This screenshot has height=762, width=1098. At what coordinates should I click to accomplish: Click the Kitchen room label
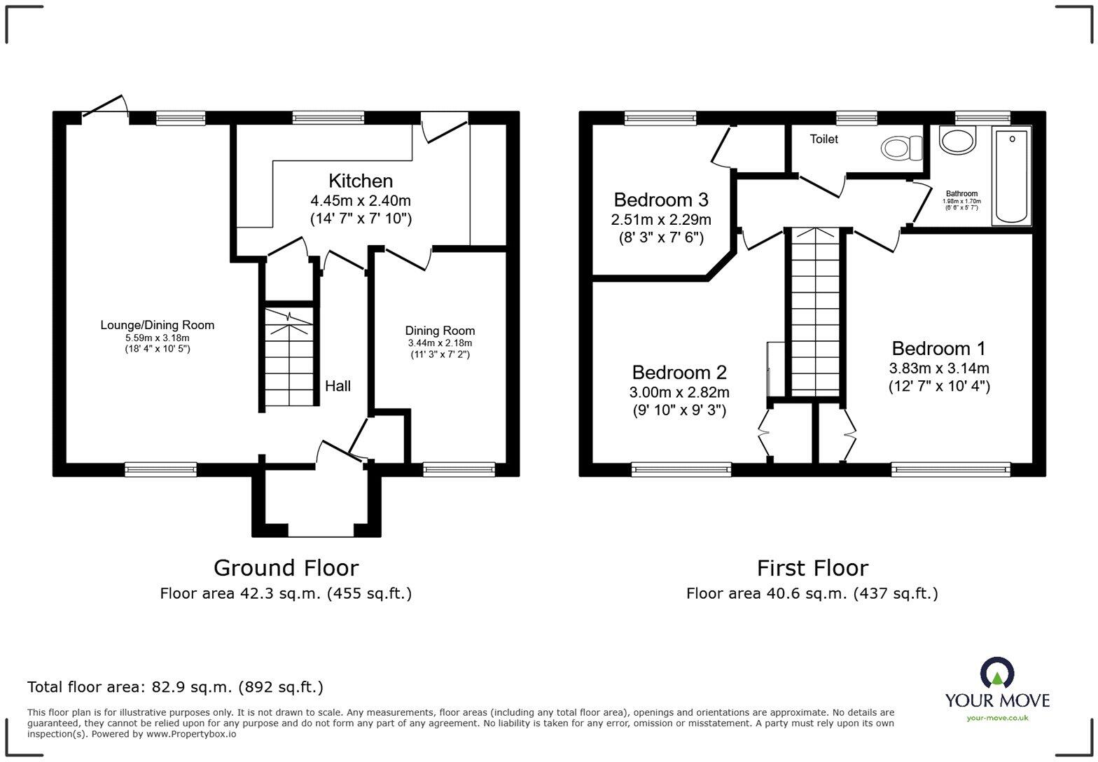click(361, 181)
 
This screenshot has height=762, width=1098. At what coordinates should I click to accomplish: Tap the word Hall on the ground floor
click(338, 386)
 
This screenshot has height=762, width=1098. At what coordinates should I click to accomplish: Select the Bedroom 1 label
click(938, 348)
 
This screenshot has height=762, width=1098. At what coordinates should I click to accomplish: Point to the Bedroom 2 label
click(679, 373)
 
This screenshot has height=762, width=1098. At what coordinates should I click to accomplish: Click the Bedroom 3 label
click(660, 200)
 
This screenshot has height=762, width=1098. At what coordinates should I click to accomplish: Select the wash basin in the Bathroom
click(957, 140)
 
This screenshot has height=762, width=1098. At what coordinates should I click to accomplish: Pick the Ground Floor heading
click(286, 567)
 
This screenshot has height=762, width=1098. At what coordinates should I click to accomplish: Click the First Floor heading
click(812, 567)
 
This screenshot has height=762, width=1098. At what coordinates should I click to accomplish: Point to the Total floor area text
click(175, 687)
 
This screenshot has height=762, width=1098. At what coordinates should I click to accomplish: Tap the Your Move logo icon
click(996, 673)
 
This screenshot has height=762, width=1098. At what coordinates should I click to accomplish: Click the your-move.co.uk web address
click(997, 717)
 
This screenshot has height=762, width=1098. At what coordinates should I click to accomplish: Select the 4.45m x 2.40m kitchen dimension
click(361, 201)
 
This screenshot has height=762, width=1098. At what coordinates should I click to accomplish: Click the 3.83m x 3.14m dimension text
click(938, 368)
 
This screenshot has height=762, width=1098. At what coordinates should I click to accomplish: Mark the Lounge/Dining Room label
click(158, 325)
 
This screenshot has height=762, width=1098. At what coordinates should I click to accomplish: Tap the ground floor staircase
click(289, 357)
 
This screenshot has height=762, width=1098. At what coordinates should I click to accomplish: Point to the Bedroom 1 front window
click(950, 469)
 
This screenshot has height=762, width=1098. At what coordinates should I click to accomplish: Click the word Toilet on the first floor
click(823, 139)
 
